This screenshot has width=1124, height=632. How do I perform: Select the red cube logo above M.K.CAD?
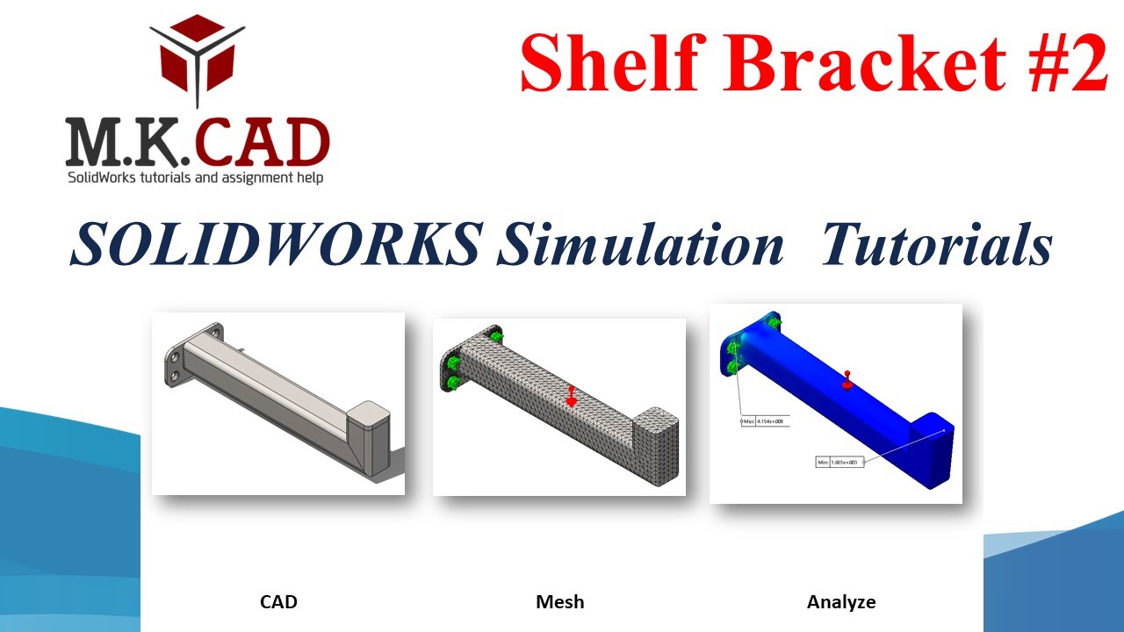tap(198, 54)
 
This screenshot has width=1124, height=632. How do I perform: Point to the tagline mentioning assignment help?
tap(196, 178)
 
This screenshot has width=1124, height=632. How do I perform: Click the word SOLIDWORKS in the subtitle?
tap(274, 244)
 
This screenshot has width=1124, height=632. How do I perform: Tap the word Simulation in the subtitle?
tap(639, 244)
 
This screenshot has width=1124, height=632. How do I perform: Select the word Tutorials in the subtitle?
tap(936, 244)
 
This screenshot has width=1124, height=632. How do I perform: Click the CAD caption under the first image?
tap(278, 602)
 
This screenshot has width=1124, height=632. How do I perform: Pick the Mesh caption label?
tap(559, 602)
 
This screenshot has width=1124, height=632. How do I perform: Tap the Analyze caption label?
tap(840, 602)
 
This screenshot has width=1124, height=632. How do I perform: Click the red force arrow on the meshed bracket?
tap(571, 396)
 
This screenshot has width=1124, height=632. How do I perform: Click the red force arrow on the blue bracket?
tap(847, 379)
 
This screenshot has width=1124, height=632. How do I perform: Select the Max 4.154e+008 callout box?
tap(766, 421)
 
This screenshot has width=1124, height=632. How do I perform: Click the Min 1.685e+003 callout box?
tap(839, 462)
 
